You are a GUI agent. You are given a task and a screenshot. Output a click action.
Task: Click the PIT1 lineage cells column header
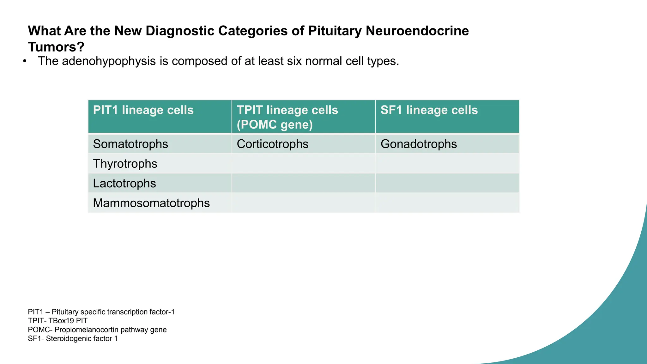tap(143, 110)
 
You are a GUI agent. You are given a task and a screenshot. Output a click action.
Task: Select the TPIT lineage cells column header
tap(287, 110)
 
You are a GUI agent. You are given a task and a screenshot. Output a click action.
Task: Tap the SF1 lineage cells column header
tap(429, 110)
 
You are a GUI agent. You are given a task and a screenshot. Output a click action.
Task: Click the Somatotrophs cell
tap(130, 144)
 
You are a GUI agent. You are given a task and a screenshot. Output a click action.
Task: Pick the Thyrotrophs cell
tap(125, 164)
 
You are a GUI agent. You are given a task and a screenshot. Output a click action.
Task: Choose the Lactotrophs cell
tap(124, 184)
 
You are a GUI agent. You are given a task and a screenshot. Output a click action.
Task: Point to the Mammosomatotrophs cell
tap(151, 203)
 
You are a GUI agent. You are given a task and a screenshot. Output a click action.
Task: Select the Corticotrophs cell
tap(273, 144)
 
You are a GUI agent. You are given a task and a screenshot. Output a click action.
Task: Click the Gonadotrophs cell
tap(419, 144)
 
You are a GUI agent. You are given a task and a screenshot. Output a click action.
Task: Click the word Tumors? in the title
tap(56, 47)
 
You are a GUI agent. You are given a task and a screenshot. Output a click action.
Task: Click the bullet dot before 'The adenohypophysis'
tap(25, 61)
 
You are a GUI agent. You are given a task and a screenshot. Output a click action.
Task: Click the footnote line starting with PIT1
tap(101, 312)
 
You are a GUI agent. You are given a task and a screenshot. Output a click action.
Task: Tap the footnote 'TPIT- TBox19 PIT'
tap(57, 321)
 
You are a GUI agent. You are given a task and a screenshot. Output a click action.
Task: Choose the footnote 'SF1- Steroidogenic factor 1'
tap(73, 339)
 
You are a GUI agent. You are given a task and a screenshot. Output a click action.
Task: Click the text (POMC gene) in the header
tap(275, 124)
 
